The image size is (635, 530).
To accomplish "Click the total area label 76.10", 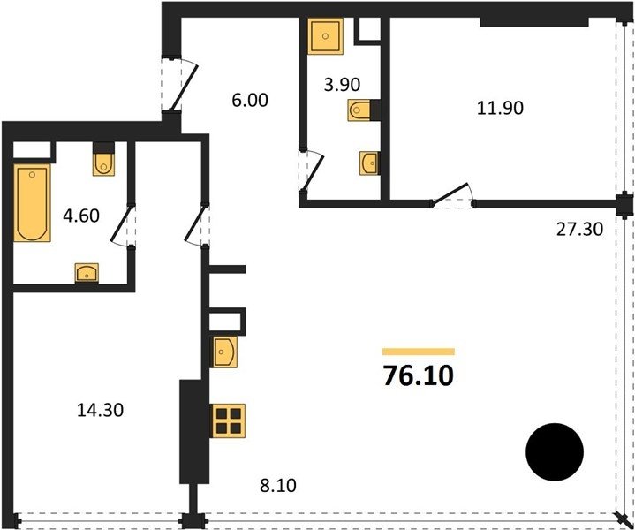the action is click(x=419, y=375).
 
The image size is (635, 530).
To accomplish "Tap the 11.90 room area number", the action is click(x=500, y=108).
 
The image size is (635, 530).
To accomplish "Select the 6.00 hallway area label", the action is click(x=250, y=100).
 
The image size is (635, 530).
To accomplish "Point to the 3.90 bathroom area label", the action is click(x=342, y=84).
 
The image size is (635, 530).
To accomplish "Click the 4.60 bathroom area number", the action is click(x=81, y=216).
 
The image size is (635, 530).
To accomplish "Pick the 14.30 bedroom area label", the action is click(x=100, y=410).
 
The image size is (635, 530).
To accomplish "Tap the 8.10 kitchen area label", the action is click(x=278, y=485).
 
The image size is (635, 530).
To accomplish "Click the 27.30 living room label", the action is click(x=579, y=230).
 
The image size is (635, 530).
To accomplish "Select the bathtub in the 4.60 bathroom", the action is click(x=32, y=202).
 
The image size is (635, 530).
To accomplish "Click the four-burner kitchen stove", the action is click(x=228, y=420).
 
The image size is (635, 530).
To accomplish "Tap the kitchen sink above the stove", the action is click(x=224, y=352).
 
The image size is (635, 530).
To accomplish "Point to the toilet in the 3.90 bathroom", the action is click(x=360, y=110).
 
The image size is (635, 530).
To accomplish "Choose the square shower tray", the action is click(x=325, y=36).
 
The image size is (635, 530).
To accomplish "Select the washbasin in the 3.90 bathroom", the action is click(x=369, y=163).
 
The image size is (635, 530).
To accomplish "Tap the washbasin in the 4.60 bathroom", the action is click(x=87, y=273).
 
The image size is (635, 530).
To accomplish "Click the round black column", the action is click(x=555, y=451).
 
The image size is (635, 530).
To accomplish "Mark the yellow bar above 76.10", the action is click(x=419, y=352).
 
